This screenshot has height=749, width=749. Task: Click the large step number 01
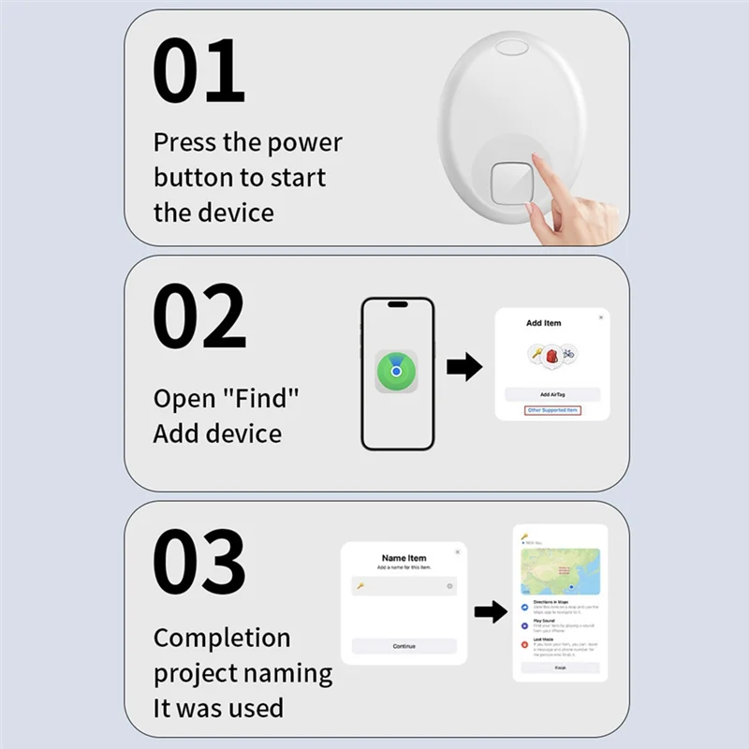tap(199, 72)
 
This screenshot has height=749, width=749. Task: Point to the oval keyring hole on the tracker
tap(514, 46)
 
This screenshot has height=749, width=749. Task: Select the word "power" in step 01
tap(304, 143)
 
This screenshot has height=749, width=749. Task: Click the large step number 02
tap(199, 316)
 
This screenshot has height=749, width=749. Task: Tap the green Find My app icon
tap(397, 373)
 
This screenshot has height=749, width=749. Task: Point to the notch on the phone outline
tap(398, 305)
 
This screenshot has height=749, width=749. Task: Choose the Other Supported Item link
tap(552, 410)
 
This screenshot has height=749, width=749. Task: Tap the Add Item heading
tap(544, 323)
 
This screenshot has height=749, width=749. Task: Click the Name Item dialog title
tap(404, 558)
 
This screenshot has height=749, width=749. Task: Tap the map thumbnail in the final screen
tap(560, 571)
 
